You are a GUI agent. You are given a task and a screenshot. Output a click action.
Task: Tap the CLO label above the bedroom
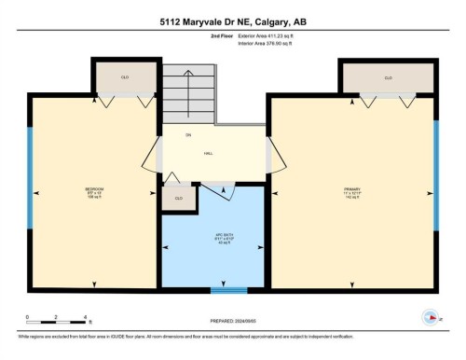tap(126, 78)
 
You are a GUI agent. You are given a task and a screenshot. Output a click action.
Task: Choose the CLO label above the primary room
tap(388, 78)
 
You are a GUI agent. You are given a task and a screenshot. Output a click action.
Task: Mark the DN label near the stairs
tap(187, 135)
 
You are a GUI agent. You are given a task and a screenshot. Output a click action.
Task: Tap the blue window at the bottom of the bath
tap(223, 290)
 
